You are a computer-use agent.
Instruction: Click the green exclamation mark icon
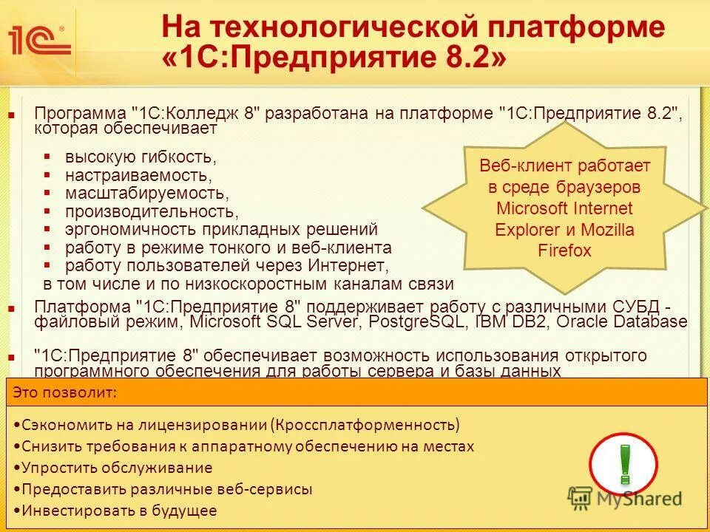pyautogui.click(x=624, y=463)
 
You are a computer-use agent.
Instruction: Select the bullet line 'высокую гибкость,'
pyautogui.click(x=141, y=157)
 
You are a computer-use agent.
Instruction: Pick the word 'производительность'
pyautogui.click(x=151, y=211)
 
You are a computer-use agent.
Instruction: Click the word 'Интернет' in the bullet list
pyautogui.click(x=349, y=265)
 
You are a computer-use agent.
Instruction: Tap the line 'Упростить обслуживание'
pyautogui.click(x=117, y=468)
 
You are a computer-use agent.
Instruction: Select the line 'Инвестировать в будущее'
pyautogui.click(x=119, y=510)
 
